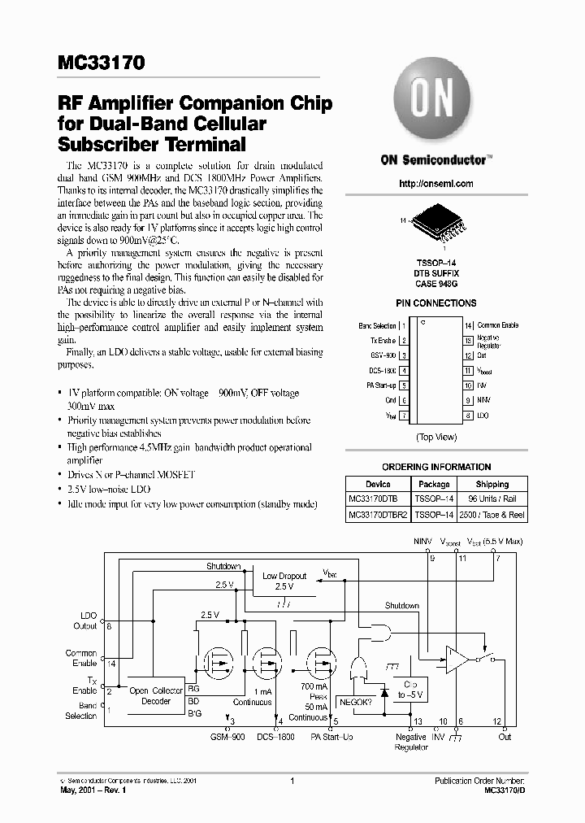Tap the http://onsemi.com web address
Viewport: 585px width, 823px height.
[436, 184]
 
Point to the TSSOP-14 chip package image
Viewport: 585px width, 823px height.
[436, 225]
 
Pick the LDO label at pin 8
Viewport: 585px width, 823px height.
[483, 416]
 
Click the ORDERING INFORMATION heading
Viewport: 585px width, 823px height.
[436, 467]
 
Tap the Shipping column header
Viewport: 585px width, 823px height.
[492, 484]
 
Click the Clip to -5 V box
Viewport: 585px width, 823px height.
[409, 690]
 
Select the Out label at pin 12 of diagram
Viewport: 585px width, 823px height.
[505, 737]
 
